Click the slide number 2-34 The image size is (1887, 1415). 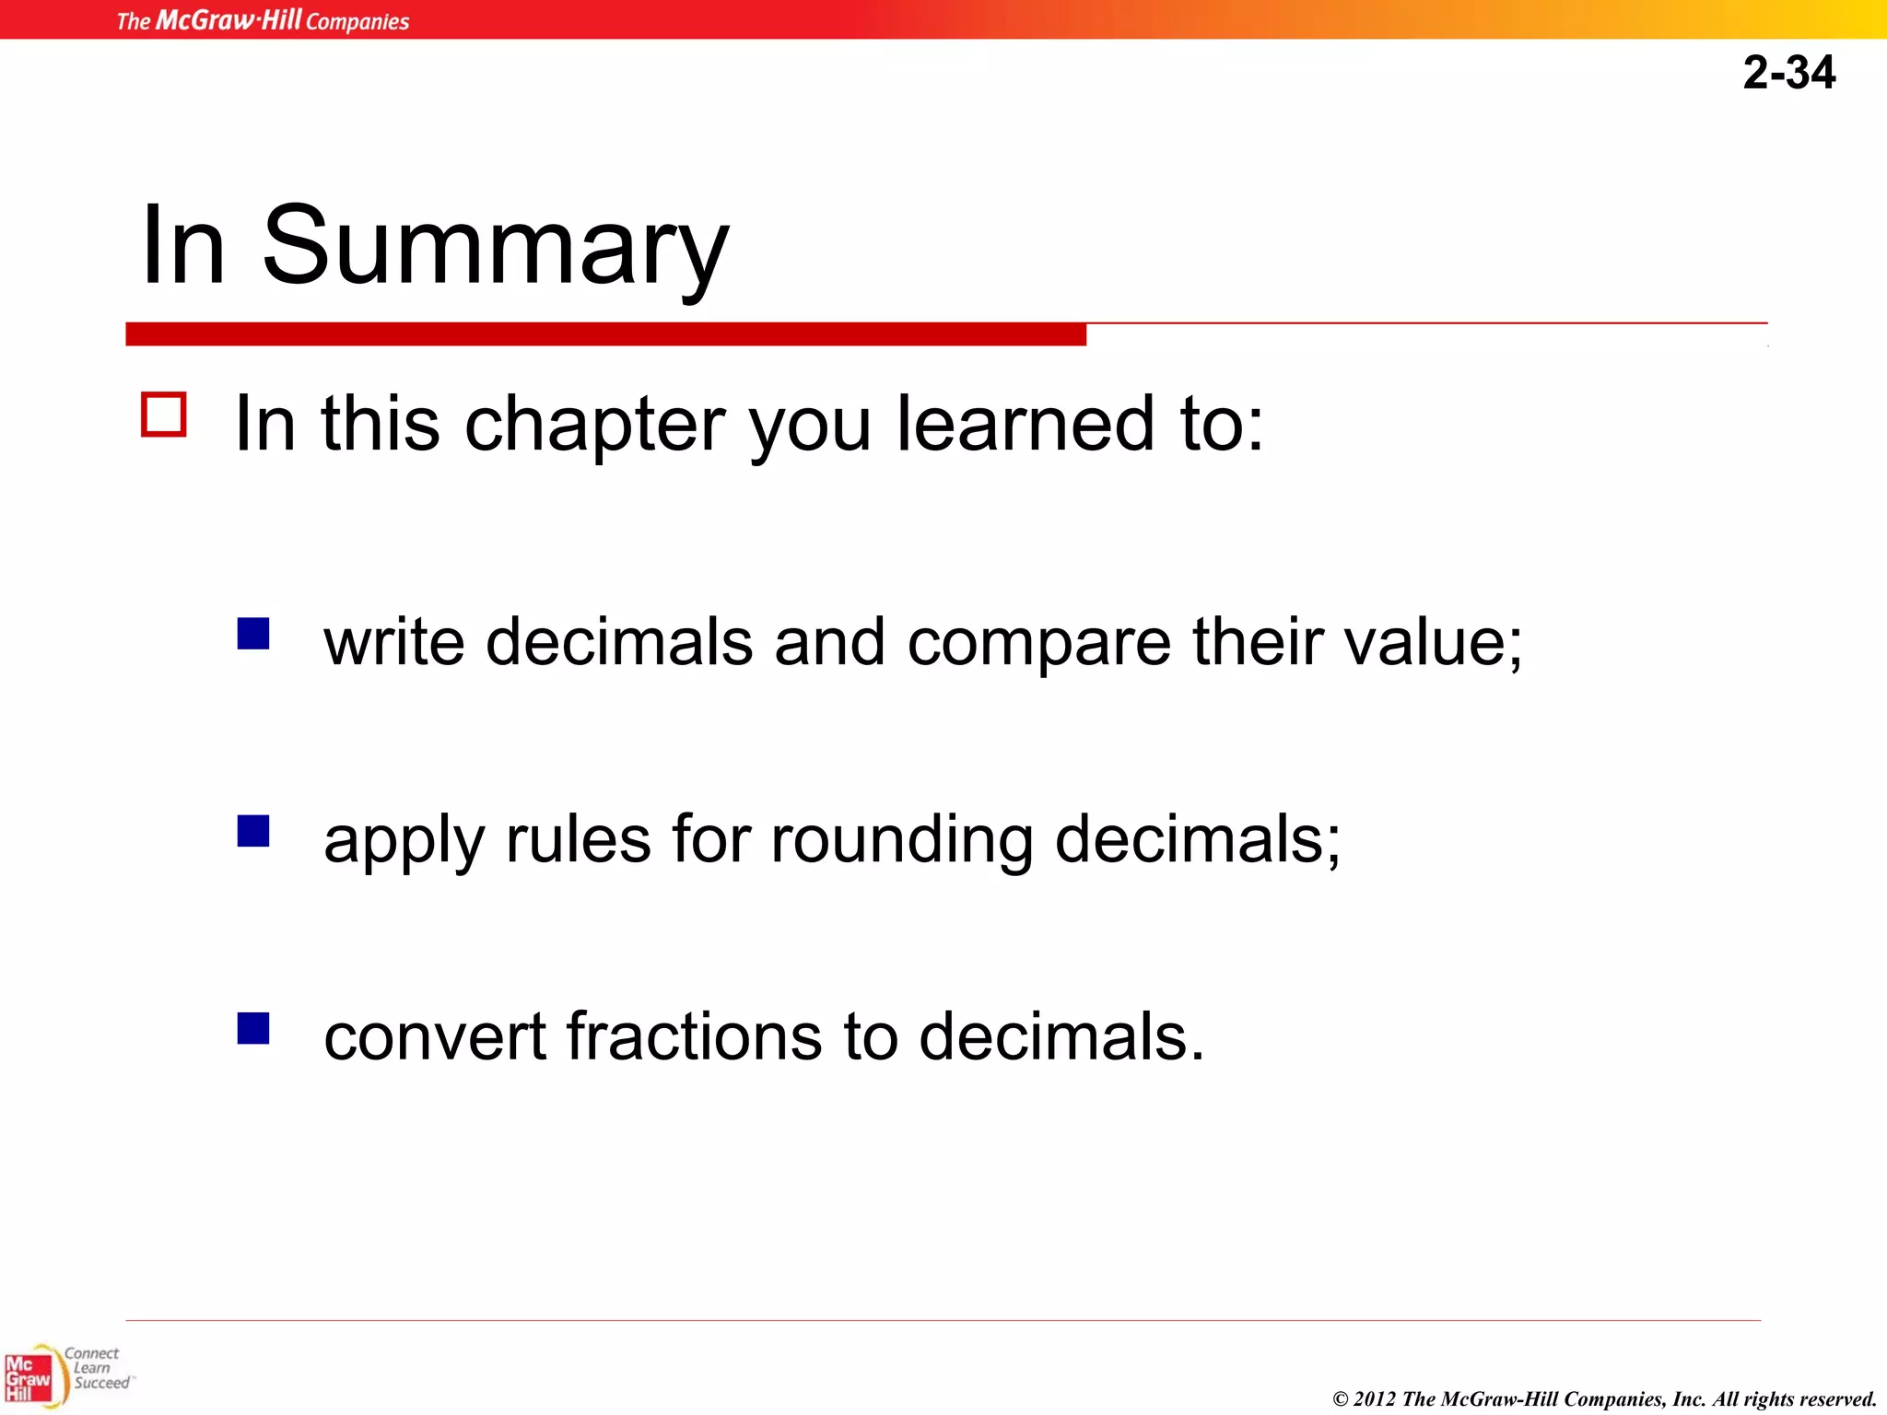click(x=1788, y=73)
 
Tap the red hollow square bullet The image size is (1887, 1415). click(x=164, y=415)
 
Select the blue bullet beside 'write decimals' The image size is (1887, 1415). click(x=253, y=634)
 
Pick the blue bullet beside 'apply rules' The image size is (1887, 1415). click(x=253, y=831)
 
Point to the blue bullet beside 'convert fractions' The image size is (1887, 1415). click(x=253, y=1028)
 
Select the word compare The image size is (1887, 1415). click(x=1038, y=642)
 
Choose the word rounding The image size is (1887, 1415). click(x=901, y=840)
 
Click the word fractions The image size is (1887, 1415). click(x=693, y=1036)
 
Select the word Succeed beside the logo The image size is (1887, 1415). click(x=101, y=1384)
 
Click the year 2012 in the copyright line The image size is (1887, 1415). click(x=1374, y=1399)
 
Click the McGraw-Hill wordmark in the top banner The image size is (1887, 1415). click(x=229, y=20)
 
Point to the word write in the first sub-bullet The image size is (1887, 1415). click(x=394, y=642)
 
